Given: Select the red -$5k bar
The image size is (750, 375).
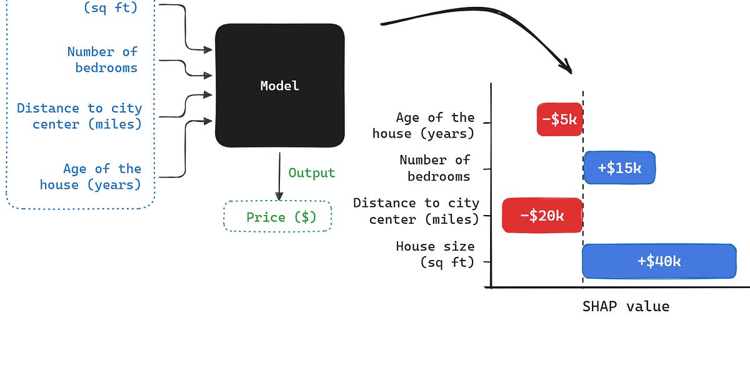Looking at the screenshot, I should [x=559, y=119].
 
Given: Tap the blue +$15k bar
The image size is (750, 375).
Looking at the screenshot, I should [x=619, y=167].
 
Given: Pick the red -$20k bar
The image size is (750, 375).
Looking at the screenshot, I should [x=542, y=216].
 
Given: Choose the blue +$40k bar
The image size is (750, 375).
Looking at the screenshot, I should [x=659, y=261].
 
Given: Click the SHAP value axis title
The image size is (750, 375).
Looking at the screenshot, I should [x=626, y=307].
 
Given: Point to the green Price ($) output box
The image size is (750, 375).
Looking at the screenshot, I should [x=278, y=217].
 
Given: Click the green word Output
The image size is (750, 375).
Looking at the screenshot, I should [x=311, y=173].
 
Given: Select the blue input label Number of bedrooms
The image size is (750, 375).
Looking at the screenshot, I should [x=103, y=60].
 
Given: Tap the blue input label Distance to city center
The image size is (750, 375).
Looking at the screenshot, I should [x=80, y=116].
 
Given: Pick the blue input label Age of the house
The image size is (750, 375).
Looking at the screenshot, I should [x=91, y=176].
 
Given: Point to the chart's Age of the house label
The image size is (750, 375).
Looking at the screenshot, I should [x=424, y=125].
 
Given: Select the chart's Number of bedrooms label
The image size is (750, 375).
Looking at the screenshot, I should [x=436, y=168].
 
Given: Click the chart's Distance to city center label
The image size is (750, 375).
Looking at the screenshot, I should [x=416, y=211].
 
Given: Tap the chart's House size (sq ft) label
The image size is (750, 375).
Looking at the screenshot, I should [x=436, y=254].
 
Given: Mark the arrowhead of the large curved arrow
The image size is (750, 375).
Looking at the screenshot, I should [x=566, y=66].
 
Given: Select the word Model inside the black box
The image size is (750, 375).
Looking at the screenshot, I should [x=279, y=86].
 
